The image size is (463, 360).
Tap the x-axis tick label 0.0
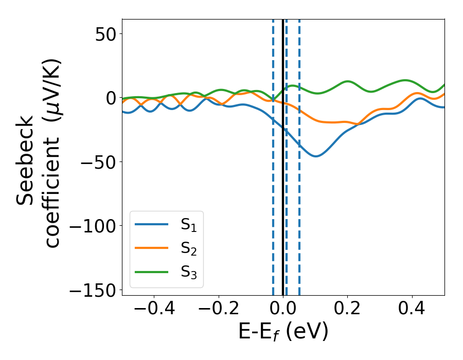[283, 310]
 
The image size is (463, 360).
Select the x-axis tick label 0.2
[348, 310]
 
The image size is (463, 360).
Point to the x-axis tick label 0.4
[412, 310]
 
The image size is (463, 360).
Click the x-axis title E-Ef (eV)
[283, 333]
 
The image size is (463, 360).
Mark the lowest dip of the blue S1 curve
[315, 156]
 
